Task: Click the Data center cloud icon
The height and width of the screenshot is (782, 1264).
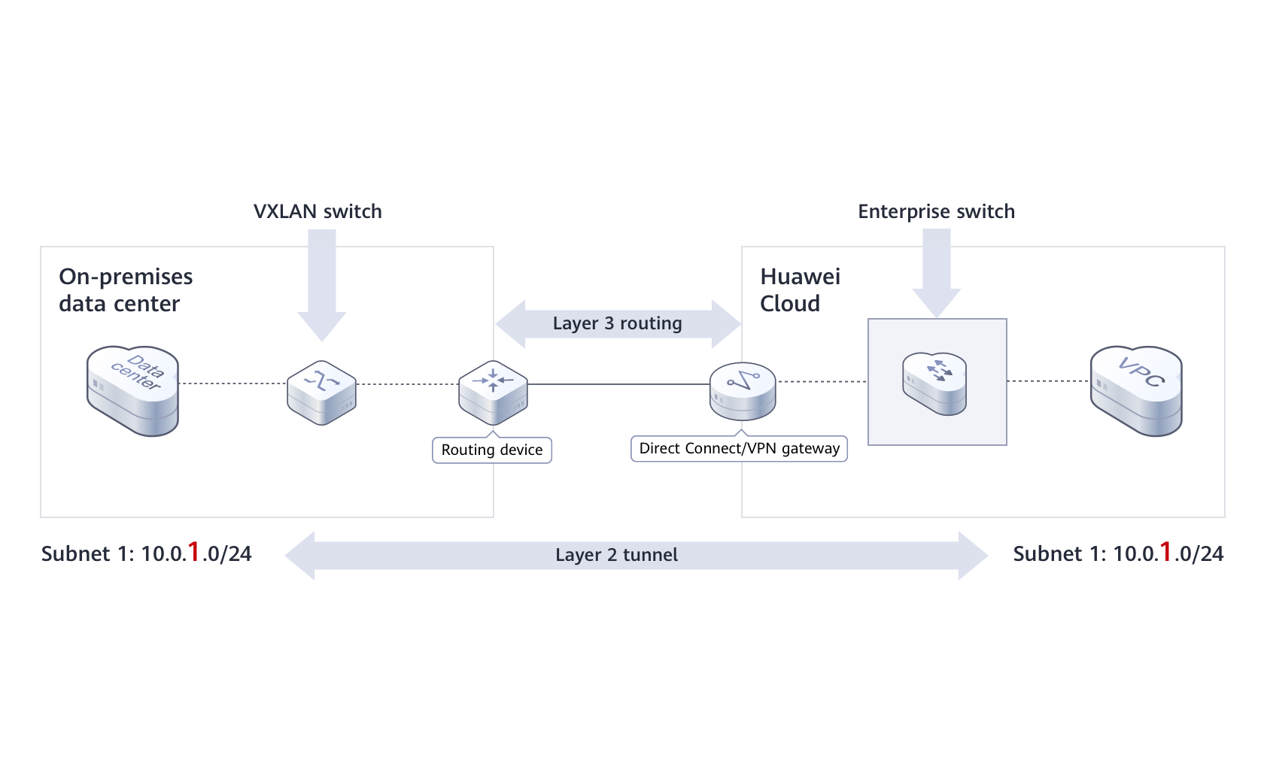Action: click(x=133, y=389)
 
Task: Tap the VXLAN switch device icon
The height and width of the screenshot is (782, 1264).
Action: click(x=321, y=392)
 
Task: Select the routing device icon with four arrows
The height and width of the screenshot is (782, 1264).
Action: click(x=493, y=390)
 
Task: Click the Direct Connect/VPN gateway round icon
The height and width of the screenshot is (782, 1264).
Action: click(x=743, y=390)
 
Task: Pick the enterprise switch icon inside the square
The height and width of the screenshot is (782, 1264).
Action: click(x=934, y=383)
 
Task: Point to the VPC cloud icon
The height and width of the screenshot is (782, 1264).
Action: click(x=1136, y=389)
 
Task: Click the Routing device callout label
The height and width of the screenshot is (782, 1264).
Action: click(x=492, y=450)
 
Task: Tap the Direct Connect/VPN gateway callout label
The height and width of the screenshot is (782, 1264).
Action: click(x=739, y=448)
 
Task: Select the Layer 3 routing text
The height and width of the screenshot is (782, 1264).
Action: click(x=617, y=323)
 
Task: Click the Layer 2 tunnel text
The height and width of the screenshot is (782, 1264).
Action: click(x=616, y=555)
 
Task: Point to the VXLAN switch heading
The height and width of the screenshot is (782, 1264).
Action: click(x=318, y=211)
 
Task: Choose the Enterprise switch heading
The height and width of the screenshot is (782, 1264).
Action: click(x=936, y=211)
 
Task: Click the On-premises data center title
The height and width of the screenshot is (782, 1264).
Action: click(x=126, y=289)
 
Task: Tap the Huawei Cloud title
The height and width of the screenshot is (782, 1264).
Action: click(x=800, y=289)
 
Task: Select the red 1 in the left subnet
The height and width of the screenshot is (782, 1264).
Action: click(x=194, y=552)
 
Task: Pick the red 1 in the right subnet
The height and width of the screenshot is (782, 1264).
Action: click(x=1165, y=552)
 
